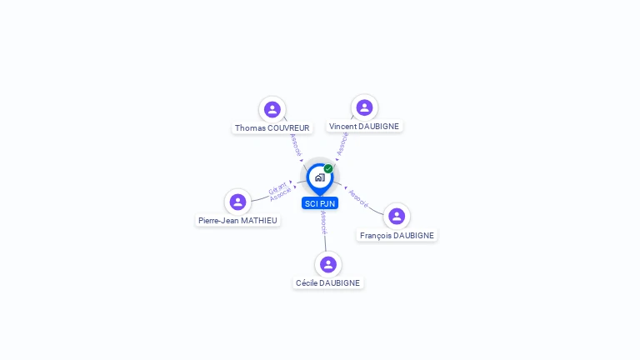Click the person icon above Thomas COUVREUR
point(272,109)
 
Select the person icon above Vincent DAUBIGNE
point(364,107)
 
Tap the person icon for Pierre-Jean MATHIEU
point(237,202)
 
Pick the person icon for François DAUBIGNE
point(397,216)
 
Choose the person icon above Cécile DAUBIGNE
point(327,264)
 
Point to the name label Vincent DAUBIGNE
point(364,127)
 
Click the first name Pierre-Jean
point(218,221)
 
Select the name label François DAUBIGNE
point(397,236)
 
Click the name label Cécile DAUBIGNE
point(327,283)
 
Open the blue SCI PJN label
point(320,203)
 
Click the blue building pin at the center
point(319,177)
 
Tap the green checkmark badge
point(328,168)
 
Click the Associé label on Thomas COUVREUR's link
point(295,145)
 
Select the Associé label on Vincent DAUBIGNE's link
point(342,143)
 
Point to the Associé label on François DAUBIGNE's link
point(358,197)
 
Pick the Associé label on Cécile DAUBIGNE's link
point(324,222)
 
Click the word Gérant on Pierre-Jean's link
point(277,187)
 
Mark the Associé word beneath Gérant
point(281,195)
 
